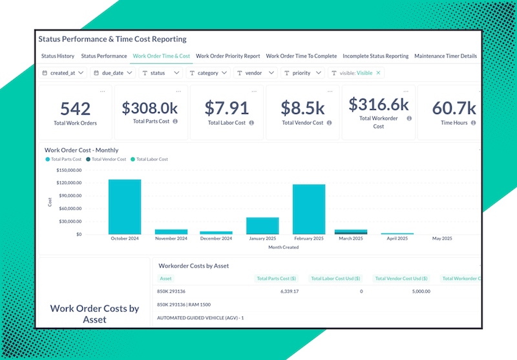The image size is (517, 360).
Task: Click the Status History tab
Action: [x=58, y=56]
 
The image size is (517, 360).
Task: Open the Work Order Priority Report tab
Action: [x=227, y=56]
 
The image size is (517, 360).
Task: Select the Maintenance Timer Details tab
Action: [x=445, y=56]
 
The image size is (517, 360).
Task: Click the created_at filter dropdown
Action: [x=63, y=73]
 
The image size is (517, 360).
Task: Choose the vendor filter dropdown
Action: [x=256, y=73]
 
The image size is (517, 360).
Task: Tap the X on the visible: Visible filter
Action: [x=378, y=73]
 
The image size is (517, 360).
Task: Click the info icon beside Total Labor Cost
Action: [x=251, y=122]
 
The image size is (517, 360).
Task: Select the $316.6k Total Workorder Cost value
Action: [x=378, y=104]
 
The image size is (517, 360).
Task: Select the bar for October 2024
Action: [x=125, y=206]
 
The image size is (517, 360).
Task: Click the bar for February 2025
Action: [x=309, y=209]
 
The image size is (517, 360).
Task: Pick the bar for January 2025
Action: [x=262, y=226]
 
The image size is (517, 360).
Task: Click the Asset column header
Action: [x=165, y=279]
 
